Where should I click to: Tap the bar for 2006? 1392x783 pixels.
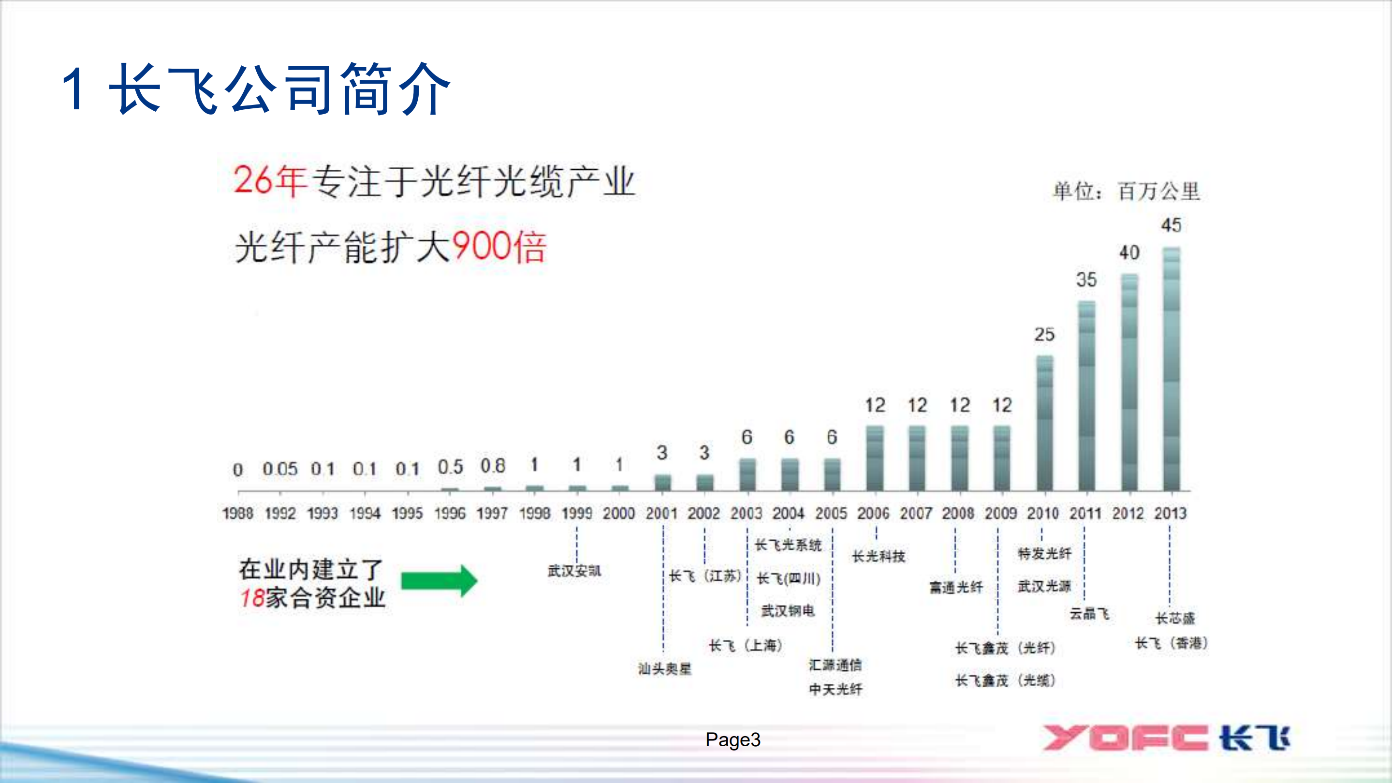pyautogui.click(x=875, y=458)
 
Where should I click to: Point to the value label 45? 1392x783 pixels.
pyautogui.click(x=1171, y=225)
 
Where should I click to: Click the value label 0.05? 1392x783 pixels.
pyautogui.click(x=280, y=469)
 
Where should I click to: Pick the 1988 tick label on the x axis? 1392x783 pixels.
pyautogui.click(x=238, y=513)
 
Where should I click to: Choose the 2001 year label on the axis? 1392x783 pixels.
pyautogui.click(x=661, y=513)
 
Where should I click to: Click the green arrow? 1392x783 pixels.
pyautogui.click(x=439, y=581)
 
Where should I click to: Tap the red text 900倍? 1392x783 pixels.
pyautogui.click(x=498, y=247)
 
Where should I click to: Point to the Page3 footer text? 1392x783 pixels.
pyautogui.click(x=733, y=739)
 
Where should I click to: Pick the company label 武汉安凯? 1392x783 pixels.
pyautogui.click(x=574, y=571)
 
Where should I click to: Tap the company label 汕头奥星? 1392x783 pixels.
pyautogui.click(x=665, y=668)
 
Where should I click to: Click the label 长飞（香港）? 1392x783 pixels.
pyautogui.click(x=1171, y=643)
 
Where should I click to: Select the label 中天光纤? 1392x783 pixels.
pyautogui.click(x=835, y=689)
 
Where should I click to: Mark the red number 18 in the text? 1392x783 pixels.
pyautogui.click(x=252, y=598)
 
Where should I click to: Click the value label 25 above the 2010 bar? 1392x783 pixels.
pyautogui.click(x=1044, y=335)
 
